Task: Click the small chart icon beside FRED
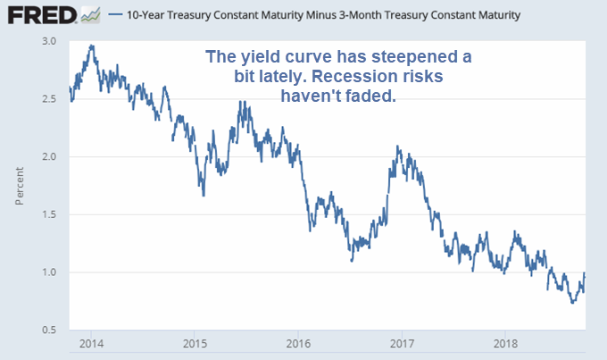point(90,15)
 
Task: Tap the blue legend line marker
point(114,16)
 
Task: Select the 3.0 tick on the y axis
point(48,41)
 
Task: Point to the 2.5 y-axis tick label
point(48,99)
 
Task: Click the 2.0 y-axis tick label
point(48,156)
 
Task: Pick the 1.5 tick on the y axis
point(48,214)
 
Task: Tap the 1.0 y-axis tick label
point(48,272)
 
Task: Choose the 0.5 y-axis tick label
point(48,330)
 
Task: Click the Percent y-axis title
point(19,186)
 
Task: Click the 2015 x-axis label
point(195,344)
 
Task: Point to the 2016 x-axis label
point(299,344)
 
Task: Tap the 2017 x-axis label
point(403,344)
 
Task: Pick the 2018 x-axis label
point(506,344)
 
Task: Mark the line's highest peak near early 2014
point(92,46)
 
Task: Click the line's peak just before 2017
point(397,147)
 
